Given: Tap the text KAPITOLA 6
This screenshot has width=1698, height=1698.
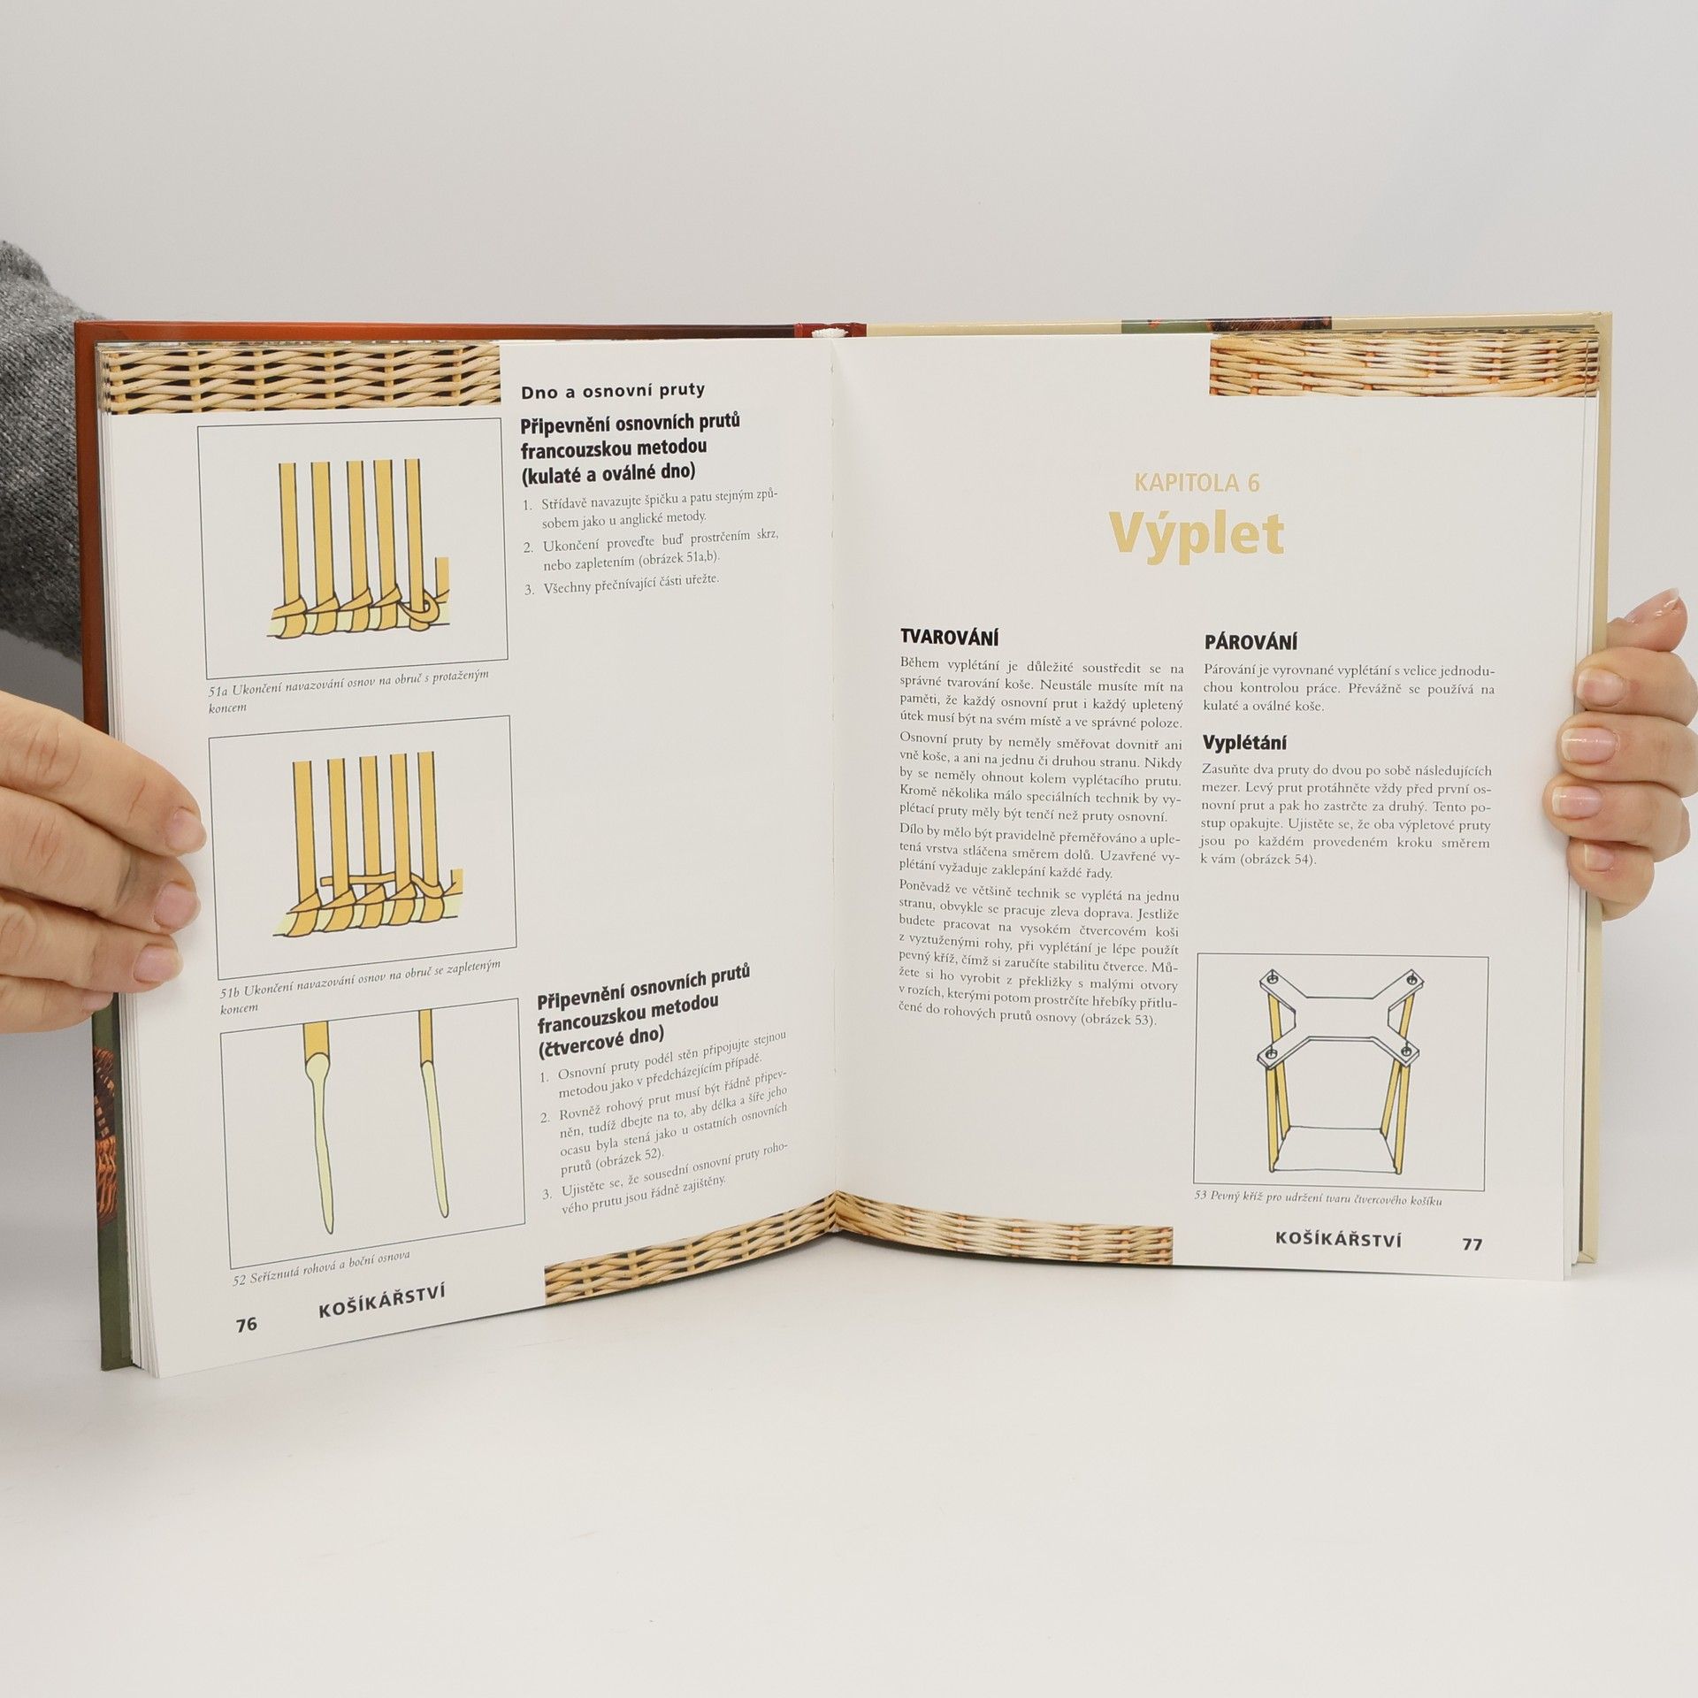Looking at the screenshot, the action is pyautogui.click(x=1197, y=483).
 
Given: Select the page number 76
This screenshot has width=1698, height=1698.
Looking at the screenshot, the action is pyautogui.click(x=246, y=1324).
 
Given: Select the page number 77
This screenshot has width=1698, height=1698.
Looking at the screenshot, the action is pyautogui.click(x=1472, y=1243).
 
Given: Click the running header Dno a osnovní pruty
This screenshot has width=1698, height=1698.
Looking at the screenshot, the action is pyautogui.click(x=613, y=390).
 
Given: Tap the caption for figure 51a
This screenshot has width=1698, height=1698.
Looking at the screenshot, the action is pyautogui.click(x=348, y=690).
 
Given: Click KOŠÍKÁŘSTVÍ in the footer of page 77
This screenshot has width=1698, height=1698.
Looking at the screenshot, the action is pyautogui.click(x=1339, y=1240).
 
